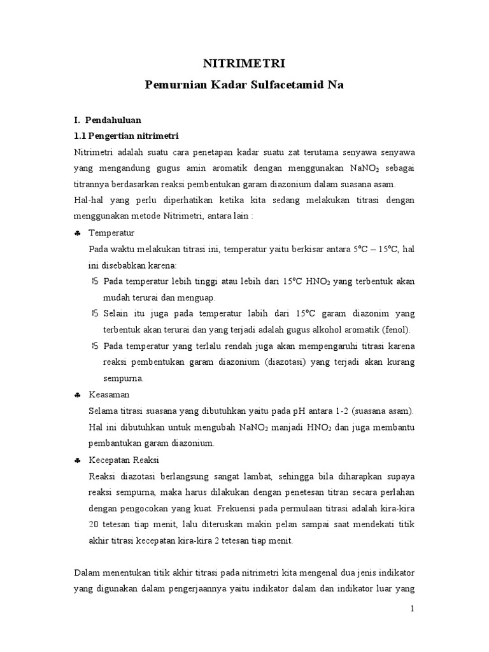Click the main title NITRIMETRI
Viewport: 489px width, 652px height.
pos(244,63)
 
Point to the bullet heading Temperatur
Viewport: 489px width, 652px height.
pos(111,233)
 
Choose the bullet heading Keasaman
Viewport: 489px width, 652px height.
pos(109,395)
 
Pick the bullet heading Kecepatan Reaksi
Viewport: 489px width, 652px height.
pos(124,460)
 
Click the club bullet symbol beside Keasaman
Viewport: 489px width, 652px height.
pos(77,395)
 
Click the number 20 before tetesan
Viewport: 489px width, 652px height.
pos(94,525)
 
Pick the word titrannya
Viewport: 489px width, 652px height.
pos(94,184)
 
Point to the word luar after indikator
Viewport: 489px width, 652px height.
pos(380,590)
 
